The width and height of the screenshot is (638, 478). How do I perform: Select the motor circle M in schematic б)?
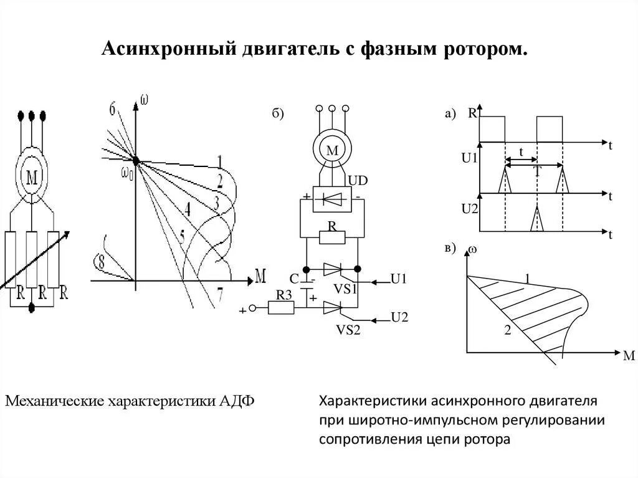pos(332,150)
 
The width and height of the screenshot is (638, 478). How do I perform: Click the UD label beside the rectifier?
pos(358,181)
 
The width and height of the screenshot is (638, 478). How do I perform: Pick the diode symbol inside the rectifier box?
pos(332,199)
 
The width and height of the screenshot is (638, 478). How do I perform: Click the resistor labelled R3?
pos(283,307)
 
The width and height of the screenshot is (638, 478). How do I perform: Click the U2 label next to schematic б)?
pos(399,317)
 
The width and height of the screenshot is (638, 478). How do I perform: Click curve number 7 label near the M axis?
pos(219,292)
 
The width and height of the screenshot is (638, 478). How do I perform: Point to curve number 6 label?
pos(113,110)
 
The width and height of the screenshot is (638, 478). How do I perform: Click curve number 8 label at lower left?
pos(98,262)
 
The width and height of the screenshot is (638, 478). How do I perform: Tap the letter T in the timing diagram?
pos(537,172)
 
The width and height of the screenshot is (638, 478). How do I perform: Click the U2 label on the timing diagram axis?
pos(470,208)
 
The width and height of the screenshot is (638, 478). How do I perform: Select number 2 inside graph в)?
pos(507,331)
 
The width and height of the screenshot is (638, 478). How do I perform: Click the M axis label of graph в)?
pos(628,355)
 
